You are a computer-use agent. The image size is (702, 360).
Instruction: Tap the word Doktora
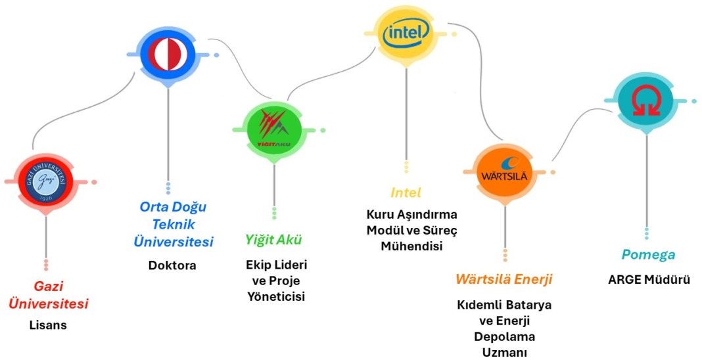[173, 265]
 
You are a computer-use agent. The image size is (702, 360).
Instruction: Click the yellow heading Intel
[406, 193]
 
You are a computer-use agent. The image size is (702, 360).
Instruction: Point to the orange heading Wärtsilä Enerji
[504, 279]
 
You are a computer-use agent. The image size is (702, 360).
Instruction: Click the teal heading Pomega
[648, 255]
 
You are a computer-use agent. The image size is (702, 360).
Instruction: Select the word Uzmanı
[504, 352]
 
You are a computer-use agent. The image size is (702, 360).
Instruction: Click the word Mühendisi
[411, 246]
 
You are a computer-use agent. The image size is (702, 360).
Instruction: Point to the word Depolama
[504, 336]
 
